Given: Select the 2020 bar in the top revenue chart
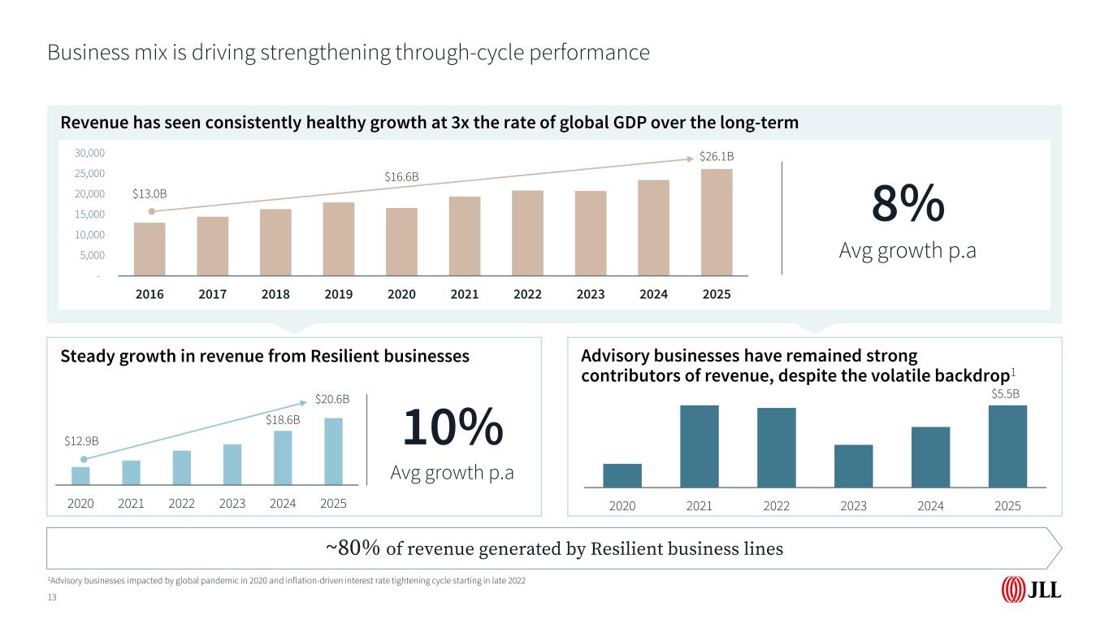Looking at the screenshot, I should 401,242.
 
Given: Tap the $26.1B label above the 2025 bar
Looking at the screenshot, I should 717,155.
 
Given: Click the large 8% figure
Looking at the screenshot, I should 908,203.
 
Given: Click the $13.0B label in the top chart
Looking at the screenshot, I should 149,193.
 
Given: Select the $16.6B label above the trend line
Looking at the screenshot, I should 401,175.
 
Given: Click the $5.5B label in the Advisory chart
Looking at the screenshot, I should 1005,393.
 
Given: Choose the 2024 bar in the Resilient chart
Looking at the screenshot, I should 283,458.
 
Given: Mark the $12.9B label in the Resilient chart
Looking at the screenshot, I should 81,440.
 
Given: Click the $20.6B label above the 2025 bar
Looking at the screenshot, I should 332,399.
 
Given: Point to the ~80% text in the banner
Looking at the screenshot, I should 353,548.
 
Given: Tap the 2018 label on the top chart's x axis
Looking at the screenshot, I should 275,294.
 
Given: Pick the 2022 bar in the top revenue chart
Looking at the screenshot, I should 527,233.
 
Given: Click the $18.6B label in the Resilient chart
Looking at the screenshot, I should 283,420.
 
